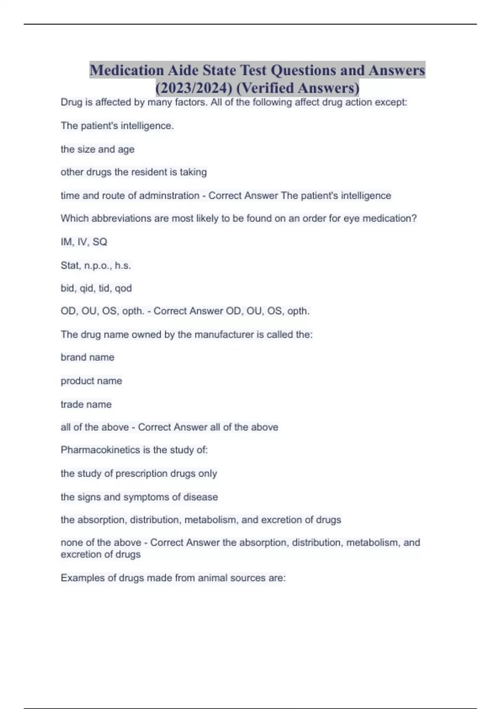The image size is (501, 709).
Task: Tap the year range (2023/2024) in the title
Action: tap(193, 88)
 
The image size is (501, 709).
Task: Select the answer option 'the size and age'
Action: tap(97, 149)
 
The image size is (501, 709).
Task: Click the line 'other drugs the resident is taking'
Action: tap(134, 172)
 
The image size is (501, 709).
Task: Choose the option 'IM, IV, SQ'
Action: tap(84, 242)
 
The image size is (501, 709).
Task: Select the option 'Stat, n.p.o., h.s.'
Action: tap(96, 265)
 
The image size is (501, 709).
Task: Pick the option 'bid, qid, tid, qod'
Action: tap(96, 288)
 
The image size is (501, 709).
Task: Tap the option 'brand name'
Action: tap(87, 357)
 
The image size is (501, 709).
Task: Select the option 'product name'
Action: tap(91, 381)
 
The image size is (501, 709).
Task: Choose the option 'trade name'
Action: tap(86, 404)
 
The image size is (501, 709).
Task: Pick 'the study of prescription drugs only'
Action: tap(139, 473)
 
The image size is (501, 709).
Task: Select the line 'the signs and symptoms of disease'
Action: tap(139, 497)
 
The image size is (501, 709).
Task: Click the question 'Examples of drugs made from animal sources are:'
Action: tap(173, 578)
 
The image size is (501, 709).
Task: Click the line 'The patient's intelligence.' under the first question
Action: tap(117, 126)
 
